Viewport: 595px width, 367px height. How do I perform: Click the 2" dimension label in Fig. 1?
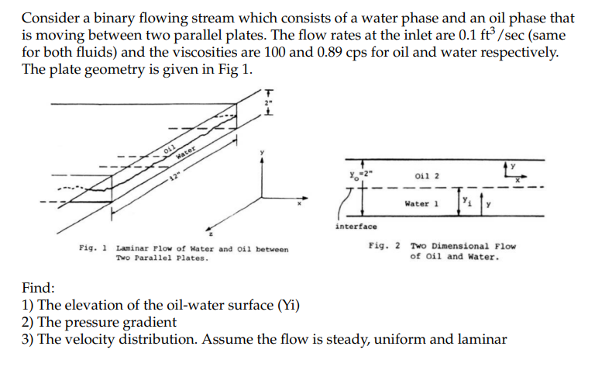(x=267, y=102)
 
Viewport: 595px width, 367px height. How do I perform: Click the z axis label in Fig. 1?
(x=212, y=232)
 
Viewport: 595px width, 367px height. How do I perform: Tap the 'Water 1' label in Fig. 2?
(x=422, y=204)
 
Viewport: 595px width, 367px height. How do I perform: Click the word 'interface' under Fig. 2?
(x=356, y=227)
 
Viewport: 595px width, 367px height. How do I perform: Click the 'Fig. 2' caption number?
(x=385, y=246)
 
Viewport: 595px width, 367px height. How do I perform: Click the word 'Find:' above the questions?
(x=38, y=288)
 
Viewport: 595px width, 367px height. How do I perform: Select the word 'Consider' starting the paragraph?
(x=47, y=17)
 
